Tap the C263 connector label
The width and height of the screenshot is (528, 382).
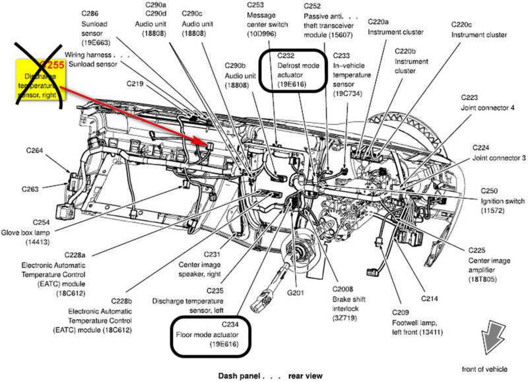31,189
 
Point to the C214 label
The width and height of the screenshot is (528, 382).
430,298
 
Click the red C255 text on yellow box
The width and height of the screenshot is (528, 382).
50,65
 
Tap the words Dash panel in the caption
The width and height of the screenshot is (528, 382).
239,375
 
